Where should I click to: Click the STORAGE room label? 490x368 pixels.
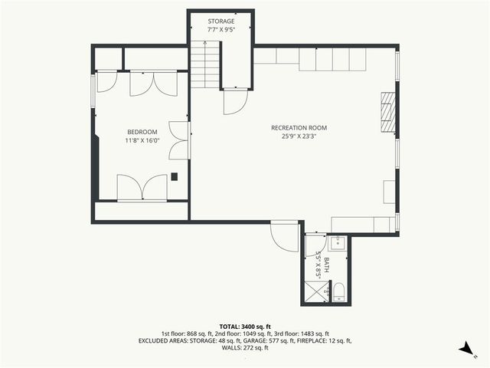point(220,21)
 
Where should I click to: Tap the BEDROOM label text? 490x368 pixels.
point(142,132)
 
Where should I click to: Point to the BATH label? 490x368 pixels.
point(327,264)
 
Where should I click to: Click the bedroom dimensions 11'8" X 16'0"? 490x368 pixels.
point(142,141)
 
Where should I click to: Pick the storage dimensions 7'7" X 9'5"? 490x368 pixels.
point(220,30)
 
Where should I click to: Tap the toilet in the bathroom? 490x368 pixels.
point(339,291)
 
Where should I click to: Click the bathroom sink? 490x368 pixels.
point(338,243)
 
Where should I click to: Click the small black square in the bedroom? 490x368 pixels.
point(175,176)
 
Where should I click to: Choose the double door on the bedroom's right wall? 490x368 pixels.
point(179,140)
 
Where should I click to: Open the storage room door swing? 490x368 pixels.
point(236,100)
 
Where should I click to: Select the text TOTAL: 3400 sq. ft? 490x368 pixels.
point(245,327)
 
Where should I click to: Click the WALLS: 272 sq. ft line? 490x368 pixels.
point(245,348)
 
